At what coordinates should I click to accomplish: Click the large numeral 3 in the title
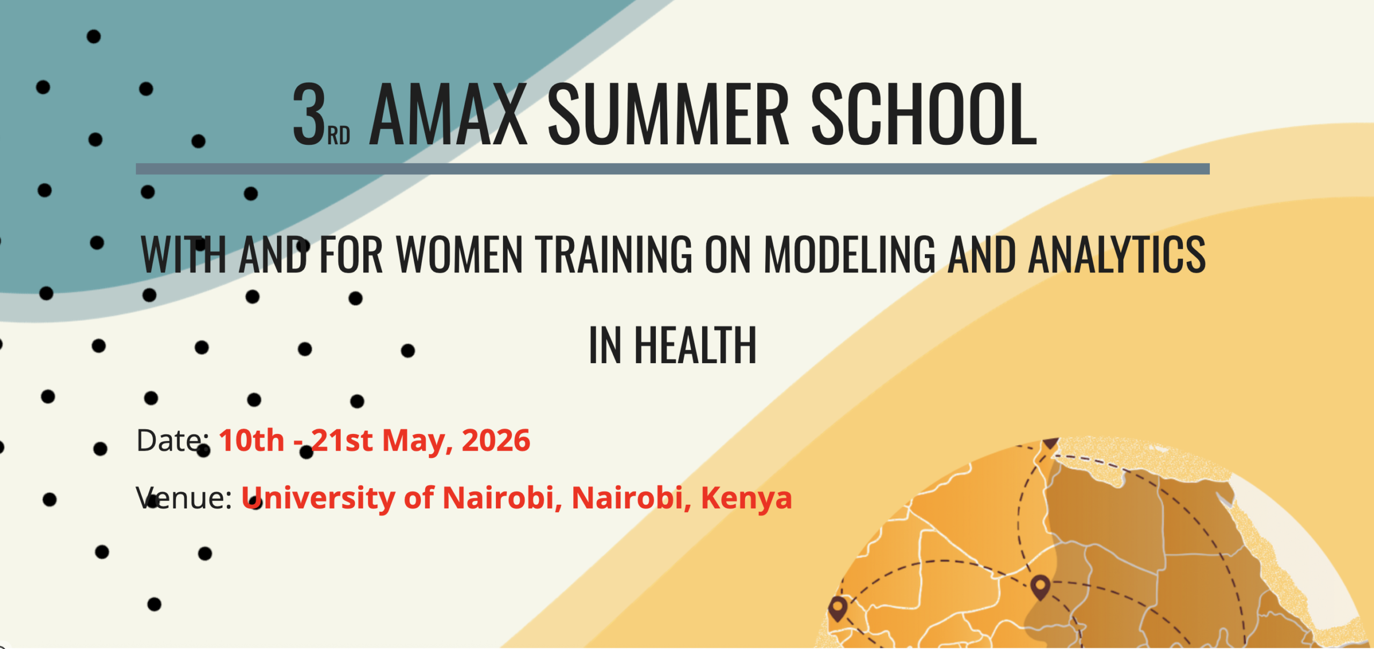pos(310,114)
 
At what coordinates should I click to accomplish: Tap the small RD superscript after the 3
pos(339,136)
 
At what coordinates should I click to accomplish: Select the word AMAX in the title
pos(448,114)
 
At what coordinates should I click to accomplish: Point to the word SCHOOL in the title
pos(924,114)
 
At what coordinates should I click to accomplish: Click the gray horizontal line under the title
pos(673,169)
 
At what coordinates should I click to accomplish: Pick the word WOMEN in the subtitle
pos(459,254)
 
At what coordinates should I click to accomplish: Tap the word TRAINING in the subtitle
pos(613,254)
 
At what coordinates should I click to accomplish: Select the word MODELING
pos(850,254)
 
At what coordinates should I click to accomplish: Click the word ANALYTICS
pos(1117,254)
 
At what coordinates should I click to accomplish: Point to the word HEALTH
pos(695,345)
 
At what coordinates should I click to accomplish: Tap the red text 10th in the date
pos(251,441)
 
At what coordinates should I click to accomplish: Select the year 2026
pos(496,441)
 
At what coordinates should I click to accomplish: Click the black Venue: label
pos(184,498)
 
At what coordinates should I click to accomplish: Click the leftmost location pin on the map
pos(838,609)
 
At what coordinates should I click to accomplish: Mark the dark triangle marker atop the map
pos(1050,443)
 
